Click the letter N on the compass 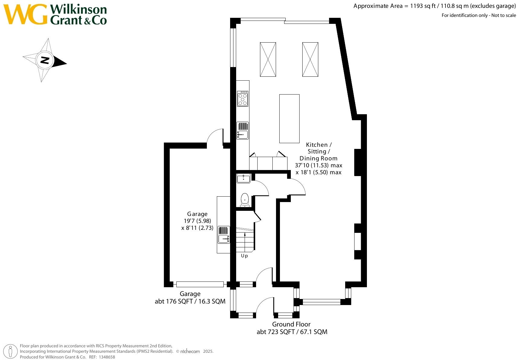[x=45, y=60]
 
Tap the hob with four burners [x=242, y=99]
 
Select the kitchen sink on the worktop [x=243, y=130]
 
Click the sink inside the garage [x=224, y=235]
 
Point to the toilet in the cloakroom [x=245, y=200]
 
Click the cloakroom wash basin [x=243, y=178]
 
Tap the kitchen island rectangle [x=289, y=118]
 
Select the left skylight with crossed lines [x=268, y=59]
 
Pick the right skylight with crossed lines [x=310, y=59]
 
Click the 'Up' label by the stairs [x=244, y=256]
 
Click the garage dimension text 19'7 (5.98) [x=197, y=221]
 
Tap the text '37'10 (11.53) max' [x=319, y=165]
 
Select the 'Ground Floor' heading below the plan [x=291, y=324]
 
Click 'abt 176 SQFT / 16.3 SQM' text [x=190, y=301]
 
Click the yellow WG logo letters [x=25, y=14]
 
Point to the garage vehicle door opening [x=200, y=284]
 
